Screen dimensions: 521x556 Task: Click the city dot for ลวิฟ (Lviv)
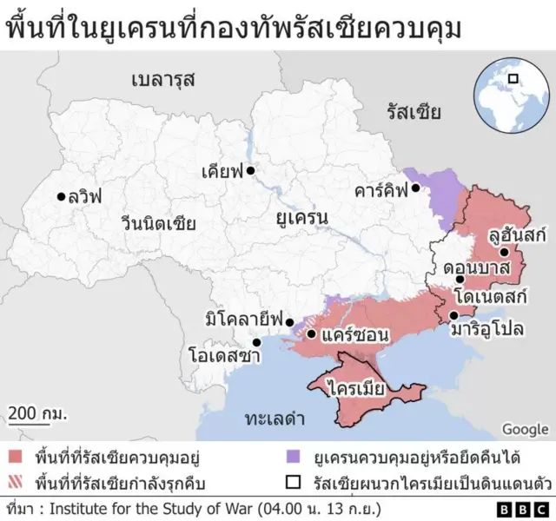(x=61, y=196)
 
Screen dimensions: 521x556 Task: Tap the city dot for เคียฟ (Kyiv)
(x=249, y=171)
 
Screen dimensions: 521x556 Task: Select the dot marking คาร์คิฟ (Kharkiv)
(x=416, y=188)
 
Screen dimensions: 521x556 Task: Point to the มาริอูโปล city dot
(x=453, y=315)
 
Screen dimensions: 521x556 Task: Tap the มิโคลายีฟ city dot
(x=290, y=320)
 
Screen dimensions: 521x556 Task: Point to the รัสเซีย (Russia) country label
(x=414, y=112)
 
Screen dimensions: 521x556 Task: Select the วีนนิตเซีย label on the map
(x=158, y=224)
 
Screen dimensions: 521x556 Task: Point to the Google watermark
(x=525, y=428)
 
